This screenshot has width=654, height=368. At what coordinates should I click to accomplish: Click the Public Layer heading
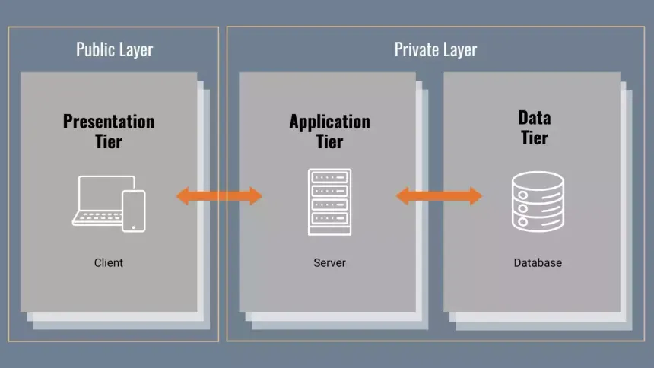[114, 50]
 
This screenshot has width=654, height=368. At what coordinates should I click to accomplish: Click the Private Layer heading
[435, 50]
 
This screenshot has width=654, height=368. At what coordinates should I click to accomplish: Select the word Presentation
[109, 122]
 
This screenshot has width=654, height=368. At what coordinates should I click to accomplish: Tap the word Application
[329, 122]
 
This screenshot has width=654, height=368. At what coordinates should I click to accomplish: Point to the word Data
[534, 118]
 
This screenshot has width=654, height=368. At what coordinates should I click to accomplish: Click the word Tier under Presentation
[109, 141]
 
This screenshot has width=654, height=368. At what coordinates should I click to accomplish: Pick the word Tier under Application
[329, 141]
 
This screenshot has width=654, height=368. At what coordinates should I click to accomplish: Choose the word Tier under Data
[534, 138]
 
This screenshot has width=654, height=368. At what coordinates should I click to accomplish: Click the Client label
[109, 262]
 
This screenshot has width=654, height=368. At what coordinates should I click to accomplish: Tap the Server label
[329, 262]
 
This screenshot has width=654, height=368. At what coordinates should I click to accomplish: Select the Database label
[538, 262]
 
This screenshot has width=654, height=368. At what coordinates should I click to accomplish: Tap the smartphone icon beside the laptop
[134, 211]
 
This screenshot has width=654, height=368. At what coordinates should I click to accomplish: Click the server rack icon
[329, 201]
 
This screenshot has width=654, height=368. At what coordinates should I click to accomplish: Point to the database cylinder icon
[538, 201]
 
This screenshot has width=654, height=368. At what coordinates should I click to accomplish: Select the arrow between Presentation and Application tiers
[219, 196]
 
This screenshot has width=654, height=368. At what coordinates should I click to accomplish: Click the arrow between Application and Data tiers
[439, 196]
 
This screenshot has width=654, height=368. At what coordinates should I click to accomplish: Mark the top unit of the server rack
[329, 177]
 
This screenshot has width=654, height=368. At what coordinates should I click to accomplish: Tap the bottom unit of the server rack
[329, 218]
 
